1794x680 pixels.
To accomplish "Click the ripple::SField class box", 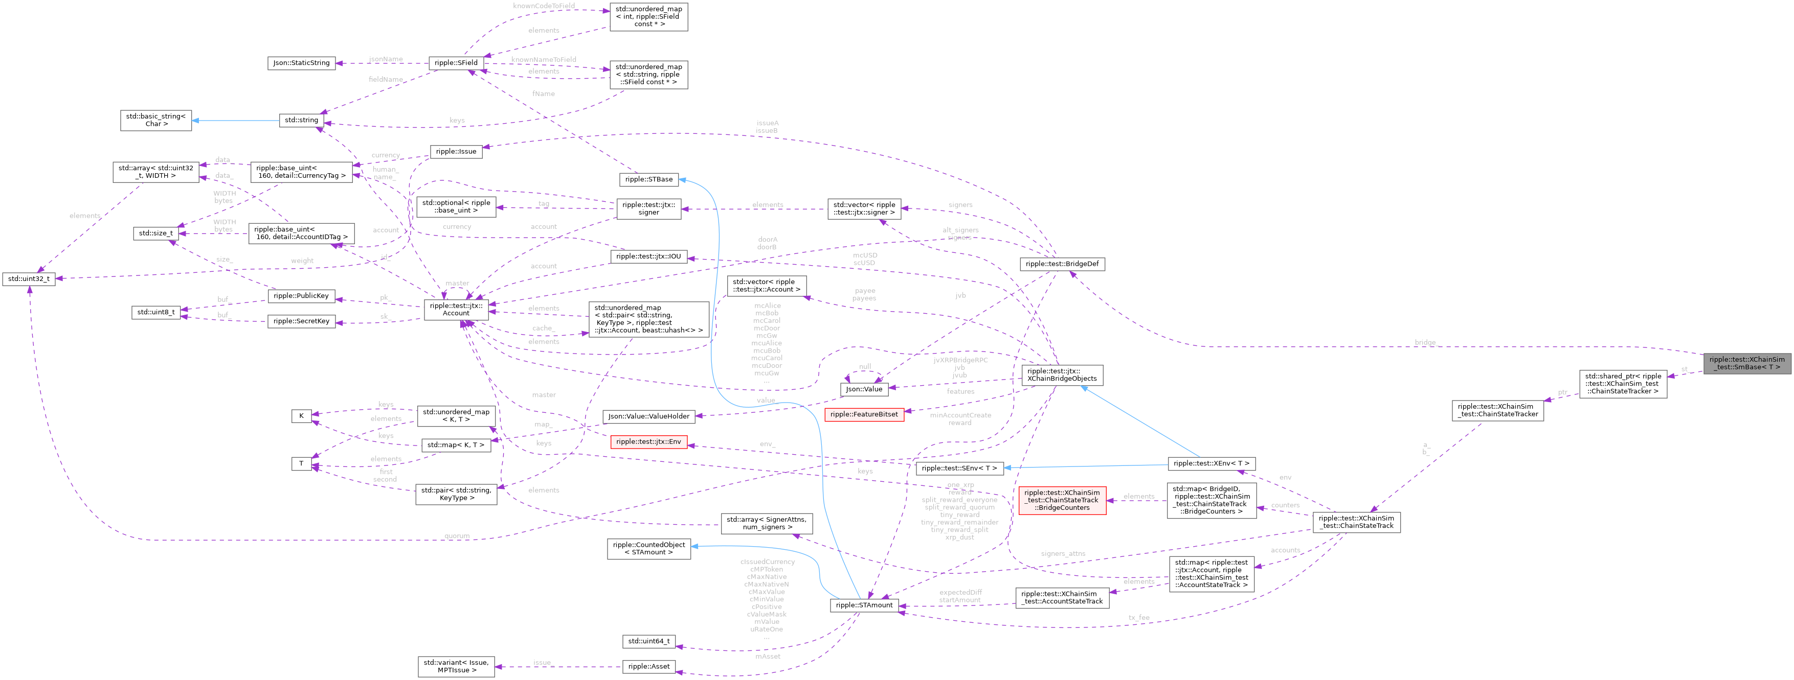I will point(456,63).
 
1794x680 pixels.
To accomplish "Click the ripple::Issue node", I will point(456,151).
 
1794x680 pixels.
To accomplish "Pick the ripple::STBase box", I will point(649,179).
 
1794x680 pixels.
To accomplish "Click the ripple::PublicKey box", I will point(301,296).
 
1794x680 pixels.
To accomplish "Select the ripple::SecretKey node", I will point(301,321).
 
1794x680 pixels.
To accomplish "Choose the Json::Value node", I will point(864,389).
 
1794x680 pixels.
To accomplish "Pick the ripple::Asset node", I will point(649,666).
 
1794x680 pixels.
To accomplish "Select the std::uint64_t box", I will point(649,641).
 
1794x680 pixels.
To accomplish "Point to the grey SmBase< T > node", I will point(1746,363).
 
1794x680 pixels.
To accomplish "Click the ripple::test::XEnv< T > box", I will point(1212,463).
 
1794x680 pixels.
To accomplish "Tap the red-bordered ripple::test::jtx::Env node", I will point(649,442).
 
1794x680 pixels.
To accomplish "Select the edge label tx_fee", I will point(1139,617).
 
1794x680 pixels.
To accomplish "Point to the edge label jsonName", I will point(386,59).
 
